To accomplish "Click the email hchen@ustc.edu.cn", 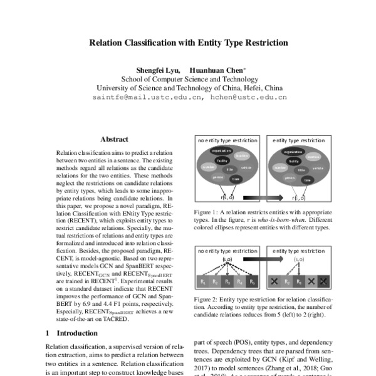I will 249,98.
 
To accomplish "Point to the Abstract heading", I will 114,140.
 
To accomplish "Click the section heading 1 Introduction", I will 72,333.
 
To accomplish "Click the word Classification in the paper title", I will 152,44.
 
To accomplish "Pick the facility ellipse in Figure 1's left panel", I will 221,160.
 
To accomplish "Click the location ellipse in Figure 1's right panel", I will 313,157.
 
